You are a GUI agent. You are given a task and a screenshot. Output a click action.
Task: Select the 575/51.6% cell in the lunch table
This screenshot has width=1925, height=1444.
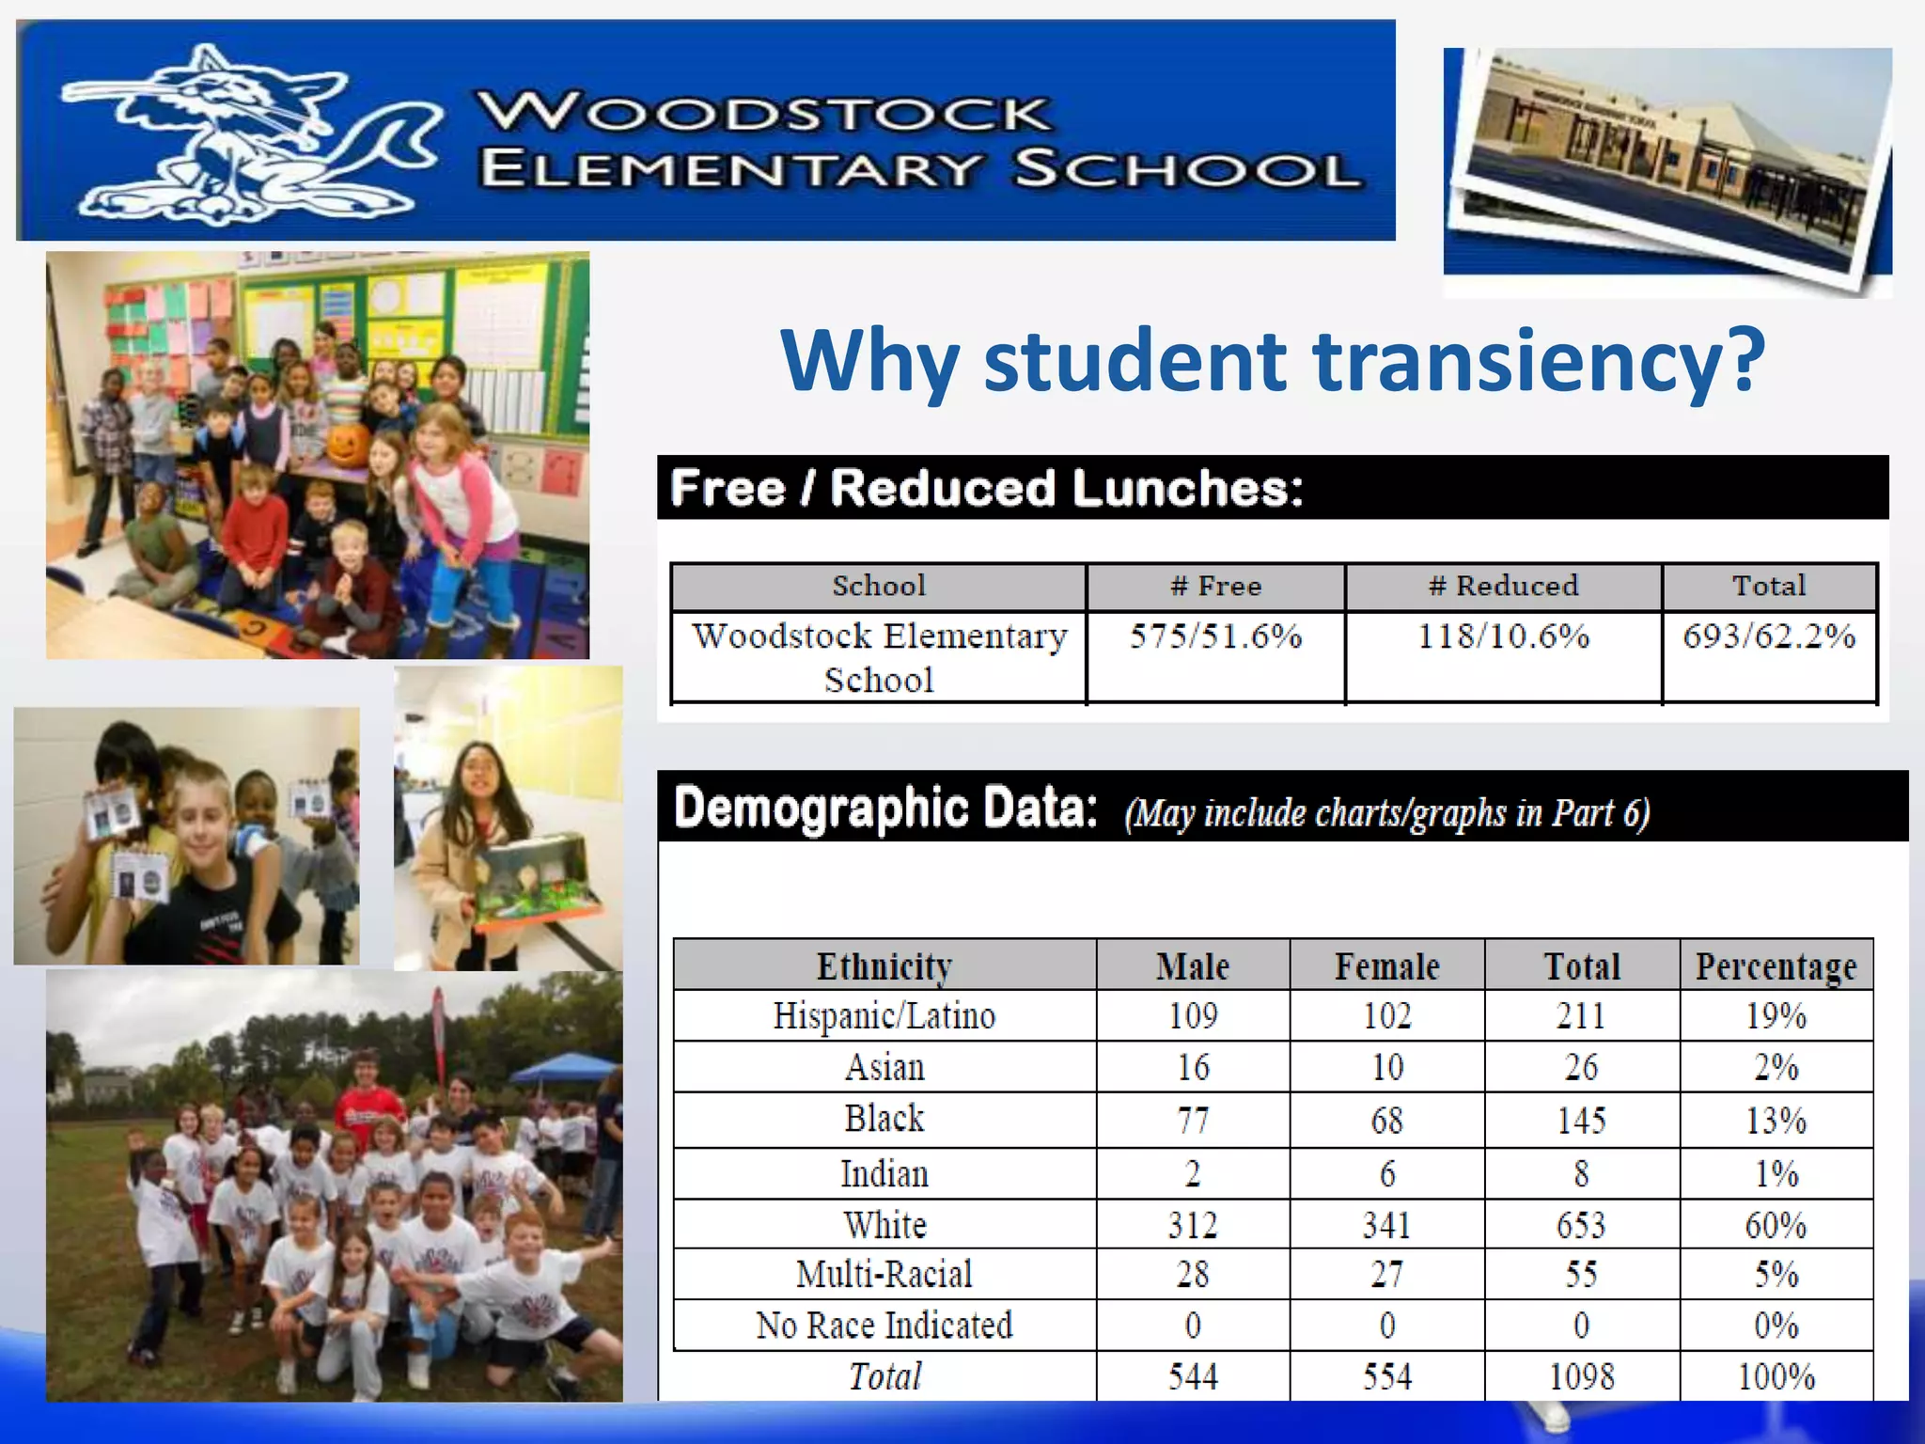(1215, 637)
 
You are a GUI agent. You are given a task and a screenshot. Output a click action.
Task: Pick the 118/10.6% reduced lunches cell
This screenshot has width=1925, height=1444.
(1503, 637)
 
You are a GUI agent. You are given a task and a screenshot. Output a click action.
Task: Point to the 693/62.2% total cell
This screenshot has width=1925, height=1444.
(1769, 637)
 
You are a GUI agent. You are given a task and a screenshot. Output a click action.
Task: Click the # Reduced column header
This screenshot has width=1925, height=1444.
(1503, 587)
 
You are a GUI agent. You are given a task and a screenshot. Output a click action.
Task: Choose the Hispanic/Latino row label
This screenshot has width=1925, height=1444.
(884, 1016)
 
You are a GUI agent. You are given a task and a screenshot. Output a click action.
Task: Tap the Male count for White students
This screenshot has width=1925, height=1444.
(1192, 1225)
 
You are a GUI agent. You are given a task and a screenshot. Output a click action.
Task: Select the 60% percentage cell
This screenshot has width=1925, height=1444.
(1776, 1225)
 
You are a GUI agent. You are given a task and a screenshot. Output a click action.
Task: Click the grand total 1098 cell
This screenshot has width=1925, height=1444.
(1581, 1377)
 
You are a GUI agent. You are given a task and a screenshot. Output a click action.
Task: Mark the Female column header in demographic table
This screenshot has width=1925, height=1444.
(1386, 966)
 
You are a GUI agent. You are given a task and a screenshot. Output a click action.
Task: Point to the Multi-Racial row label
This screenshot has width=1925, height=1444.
(884, 1275)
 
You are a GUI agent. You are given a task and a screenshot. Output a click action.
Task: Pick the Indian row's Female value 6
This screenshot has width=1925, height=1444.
(1386, 1174)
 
